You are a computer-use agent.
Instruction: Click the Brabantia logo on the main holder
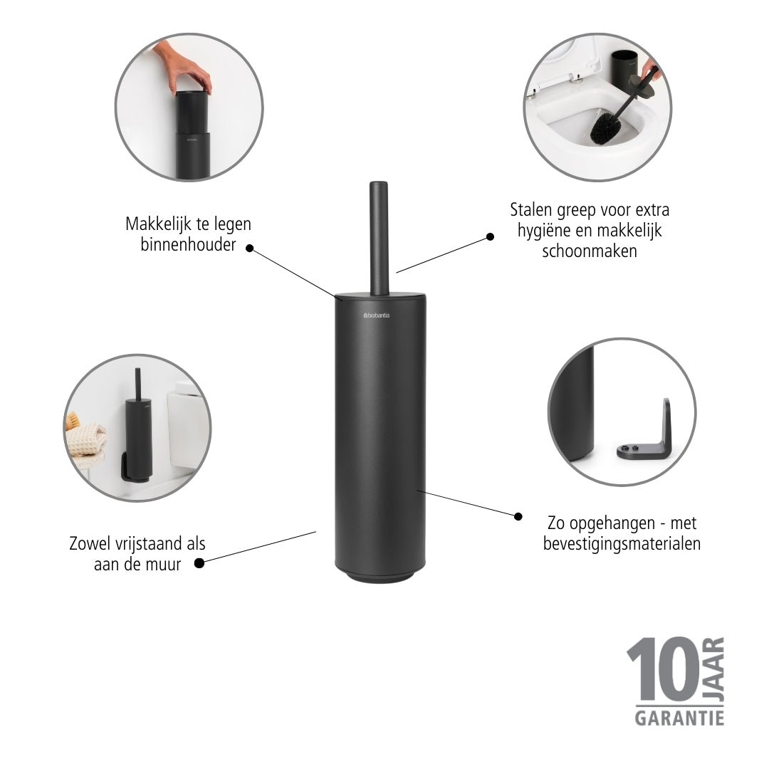coord(377,315)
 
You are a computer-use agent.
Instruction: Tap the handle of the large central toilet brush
coord(379,239)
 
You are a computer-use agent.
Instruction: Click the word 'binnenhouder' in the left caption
coord(188,244)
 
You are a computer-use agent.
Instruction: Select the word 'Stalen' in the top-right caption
coord(530,210)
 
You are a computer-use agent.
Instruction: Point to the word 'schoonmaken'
coord(590,251)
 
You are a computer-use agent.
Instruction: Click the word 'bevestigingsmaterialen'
coord(622,544)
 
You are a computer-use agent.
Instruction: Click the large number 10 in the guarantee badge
coord(663,670)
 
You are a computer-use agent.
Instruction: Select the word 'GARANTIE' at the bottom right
coord(679,718)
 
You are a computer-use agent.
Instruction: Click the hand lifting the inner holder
coord(183,68)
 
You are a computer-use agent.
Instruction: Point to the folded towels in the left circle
coord(87,439)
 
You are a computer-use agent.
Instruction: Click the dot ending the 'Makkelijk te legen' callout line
coord(250,249)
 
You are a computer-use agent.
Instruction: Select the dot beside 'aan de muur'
coord(199,563)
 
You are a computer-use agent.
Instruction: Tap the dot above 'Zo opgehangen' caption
coord(518,516)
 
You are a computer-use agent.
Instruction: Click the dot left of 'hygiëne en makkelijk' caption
coord(490,237)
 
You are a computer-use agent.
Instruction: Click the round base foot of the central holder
coord(380,577)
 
